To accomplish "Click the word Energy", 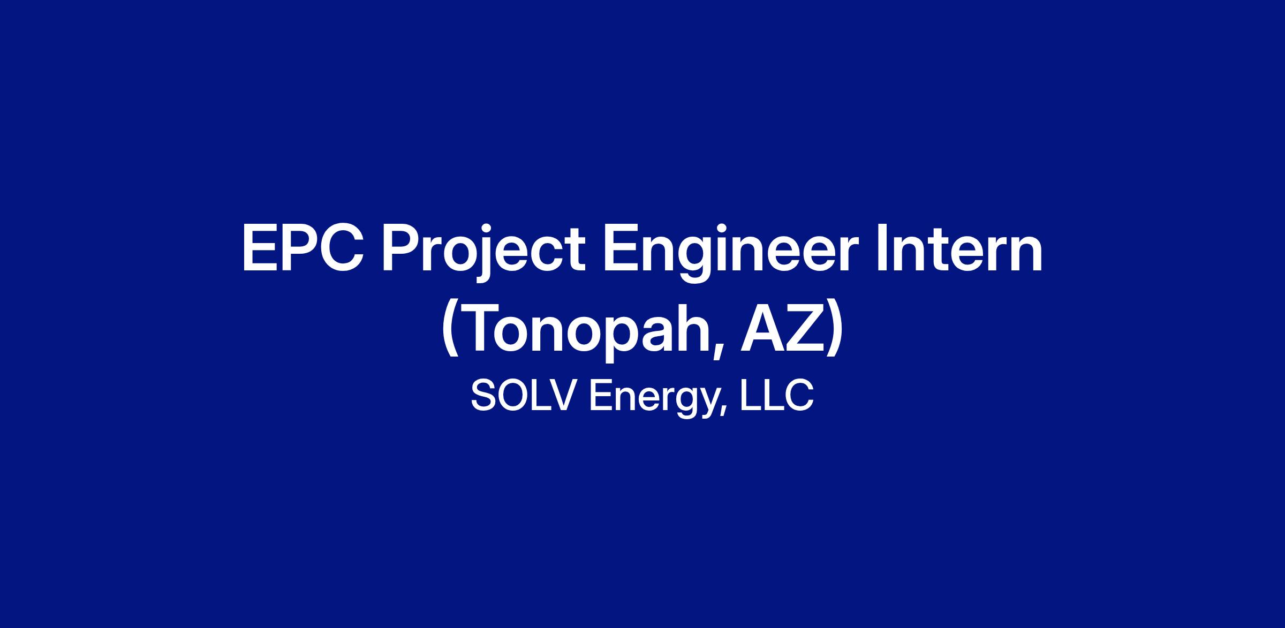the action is coord(654,399).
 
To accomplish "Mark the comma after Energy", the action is coord(723,411).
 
